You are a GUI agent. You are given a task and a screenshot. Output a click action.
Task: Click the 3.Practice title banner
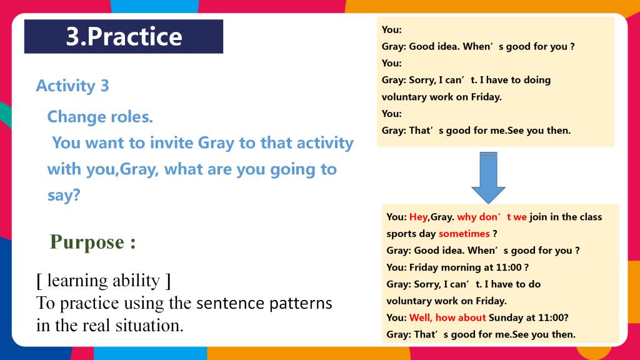click(124, 36)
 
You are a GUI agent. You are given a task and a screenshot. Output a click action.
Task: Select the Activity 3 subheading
click(72, 86)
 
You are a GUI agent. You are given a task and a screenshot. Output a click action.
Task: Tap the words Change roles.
click(100, 117)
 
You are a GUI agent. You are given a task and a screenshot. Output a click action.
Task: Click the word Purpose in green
click(86, 242)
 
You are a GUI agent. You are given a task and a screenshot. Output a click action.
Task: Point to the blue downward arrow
click(488, 177)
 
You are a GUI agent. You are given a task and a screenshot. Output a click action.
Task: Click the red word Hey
click(418, 217)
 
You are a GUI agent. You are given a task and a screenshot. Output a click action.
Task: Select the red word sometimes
click(464, 234)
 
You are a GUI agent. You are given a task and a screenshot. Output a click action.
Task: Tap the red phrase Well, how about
click(447, 317)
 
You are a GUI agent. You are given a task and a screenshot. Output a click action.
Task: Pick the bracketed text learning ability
click(104, 281)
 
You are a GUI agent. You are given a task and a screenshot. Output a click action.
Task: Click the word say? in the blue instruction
click(64, 195)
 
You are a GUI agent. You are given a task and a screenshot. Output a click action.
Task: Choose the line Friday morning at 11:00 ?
click(469, 267)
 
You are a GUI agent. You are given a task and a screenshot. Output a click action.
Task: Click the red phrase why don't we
click(492, 217)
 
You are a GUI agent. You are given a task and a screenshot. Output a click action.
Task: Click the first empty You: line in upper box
click(392, 29)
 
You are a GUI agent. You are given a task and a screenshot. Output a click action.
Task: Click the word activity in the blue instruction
click(325, 143)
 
